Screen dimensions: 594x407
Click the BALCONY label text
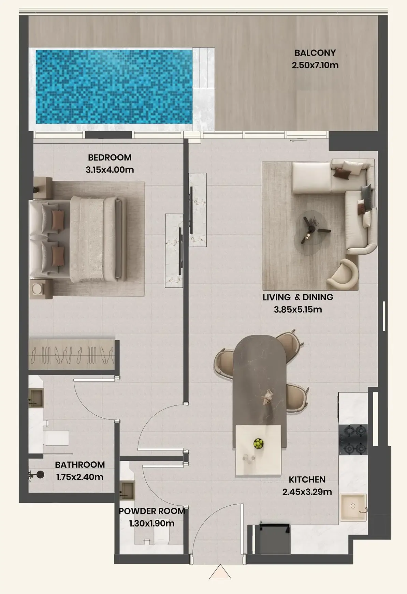click(x=315, y=53)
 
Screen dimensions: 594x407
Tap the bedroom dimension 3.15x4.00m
click(x=110, y=170)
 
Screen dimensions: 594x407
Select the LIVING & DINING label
click(x=298, y=297)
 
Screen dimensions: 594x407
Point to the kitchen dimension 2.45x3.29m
click(x=307, y=492)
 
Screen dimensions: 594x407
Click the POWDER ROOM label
click(x=152, y=511)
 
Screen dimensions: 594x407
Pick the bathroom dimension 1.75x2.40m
click(x=80, y=477)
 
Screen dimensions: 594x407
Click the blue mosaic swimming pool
click(x=114, y=87)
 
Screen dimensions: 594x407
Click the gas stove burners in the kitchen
click(x=353, y=440)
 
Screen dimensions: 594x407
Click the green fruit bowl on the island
click(x=259, y=444)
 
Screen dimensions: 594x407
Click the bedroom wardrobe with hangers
click(x=72, y=355)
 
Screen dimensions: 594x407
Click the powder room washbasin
click(x=127, y=490)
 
